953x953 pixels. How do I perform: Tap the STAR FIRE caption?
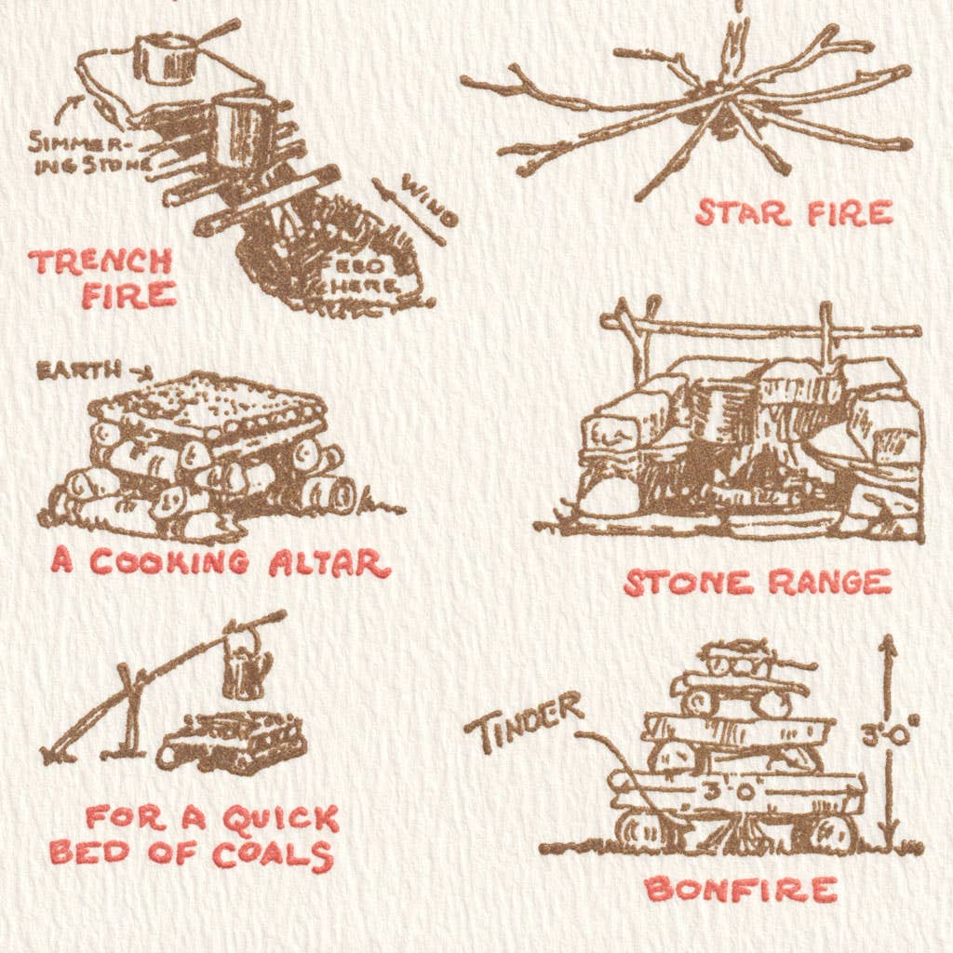pyautogui.click(x=794, y=213)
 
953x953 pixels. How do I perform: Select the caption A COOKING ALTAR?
pyautogui.click(x=221, y=562)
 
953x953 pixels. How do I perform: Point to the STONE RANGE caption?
pyautogui.click(x=758, y=583)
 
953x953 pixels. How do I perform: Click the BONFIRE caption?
pyautogui.click(x=741, y=889)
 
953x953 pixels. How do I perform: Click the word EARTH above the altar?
pyautogui.click(x=78, y=369)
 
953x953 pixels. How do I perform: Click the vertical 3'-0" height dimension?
pyautogui.click(x=889, y=735)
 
